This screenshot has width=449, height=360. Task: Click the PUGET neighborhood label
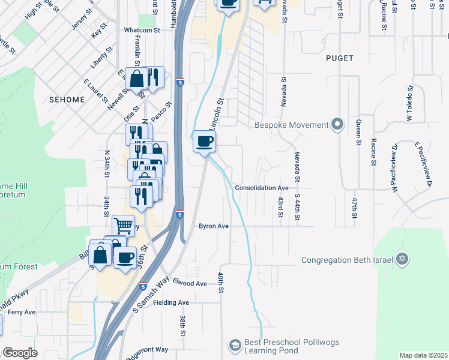340,58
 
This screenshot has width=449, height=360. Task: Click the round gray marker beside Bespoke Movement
337,125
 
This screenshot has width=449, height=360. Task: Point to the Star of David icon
402,260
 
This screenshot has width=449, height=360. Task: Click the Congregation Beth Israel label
347,260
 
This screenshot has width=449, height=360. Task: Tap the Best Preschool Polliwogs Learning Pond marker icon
235,345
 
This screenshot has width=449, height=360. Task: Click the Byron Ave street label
214,226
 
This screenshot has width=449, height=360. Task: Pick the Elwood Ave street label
189,283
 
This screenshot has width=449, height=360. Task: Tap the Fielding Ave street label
172,302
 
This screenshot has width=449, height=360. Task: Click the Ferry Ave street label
22,312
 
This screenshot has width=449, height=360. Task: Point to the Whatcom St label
141,29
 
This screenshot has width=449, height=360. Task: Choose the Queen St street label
358,133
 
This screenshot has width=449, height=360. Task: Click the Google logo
20,353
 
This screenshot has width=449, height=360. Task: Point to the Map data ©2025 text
423,355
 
